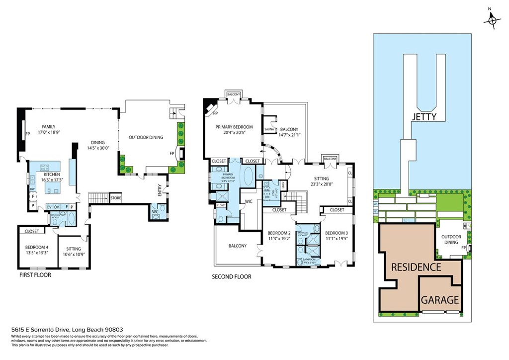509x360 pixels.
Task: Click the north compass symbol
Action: tap(492, 19)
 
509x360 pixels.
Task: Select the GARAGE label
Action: tap(440, 300)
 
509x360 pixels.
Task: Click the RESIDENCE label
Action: tap(416, 267)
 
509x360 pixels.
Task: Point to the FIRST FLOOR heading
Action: tap(35, 274)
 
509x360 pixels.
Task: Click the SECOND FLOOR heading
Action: tap(231, 277)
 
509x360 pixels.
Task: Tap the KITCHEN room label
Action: tap(52, 175)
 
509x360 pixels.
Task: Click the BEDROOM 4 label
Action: tap(37, 247)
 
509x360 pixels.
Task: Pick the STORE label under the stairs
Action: tap(116, 198)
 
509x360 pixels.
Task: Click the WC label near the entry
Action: tap(156, 211)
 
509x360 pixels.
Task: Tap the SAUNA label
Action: tap(269, 129)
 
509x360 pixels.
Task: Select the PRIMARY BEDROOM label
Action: tap(234, 127)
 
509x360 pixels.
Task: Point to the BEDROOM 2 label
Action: tap(279, 233)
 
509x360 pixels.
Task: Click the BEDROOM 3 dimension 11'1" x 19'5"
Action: tap(337, 239)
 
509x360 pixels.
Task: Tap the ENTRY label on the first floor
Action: tap(160, 190)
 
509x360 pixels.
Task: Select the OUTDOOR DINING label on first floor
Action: tap(146, 137)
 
